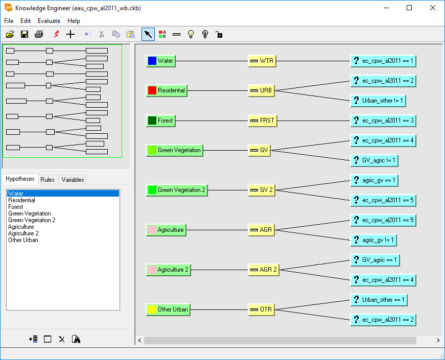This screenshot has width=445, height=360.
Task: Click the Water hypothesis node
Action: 160,61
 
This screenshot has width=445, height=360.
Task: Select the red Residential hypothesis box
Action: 167,90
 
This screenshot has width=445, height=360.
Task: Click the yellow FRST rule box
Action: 262,121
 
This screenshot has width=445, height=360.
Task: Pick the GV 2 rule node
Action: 262,190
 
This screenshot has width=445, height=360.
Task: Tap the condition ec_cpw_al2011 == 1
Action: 383,61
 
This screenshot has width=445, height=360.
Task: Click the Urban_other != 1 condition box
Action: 378,101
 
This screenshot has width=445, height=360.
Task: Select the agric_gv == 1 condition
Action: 373,180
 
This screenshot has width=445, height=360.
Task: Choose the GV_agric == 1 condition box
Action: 374,260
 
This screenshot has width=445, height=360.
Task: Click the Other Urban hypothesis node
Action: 168,309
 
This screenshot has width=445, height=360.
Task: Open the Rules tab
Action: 48,179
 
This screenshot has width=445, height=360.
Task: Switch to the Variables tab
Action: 73,179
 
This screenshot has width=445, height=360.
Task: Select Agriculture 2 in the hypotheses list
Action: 23,233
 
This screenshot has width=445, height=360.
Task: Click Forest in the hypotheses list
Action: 16,207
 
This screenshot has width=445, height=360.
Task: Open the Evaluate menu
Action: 49,21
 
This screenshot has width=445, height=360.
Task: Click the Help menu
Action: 74,21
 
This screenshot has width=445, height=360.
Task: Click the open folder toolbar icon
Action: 10,34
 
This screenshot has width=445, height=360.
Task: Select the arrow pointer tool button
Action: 148,34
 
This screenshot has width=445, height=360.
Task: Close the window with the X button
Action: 432,8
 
